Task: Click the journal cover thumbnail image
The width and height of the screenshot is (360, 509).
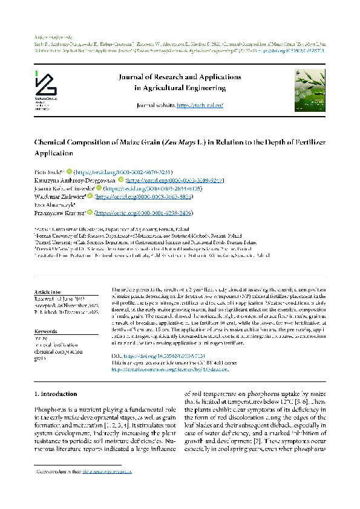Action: point(309,89)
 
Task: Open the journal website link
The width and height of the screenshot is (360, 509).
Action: point(200,106)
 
